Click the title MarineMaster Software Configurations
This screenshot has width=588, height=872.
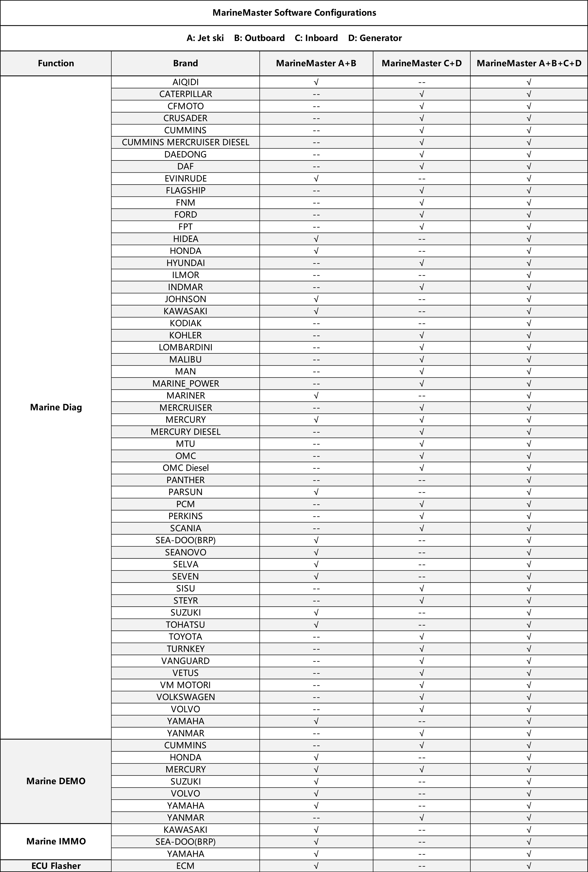click(x=294, y=13)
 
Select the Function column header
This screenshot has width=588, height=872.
click(x=56, y=63)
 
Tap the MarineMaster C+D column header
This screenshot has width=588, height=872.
click(x=422, y=63)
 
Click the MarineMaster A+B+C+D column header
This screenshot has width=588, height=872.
click(x=529, y=63)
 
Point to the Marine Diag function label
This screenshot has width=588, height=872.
click(x=56, y=407)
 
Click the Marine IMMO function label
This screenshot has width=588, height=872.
click(x=56, y=841)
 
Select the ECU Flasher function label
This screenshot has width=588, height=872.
click(x=56, y=866)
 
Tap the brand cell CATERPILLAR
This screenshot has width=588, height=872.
click(x=186, y=94)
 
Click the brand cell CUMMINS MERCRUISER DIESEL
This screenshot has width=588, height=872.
click(x=186, y=142)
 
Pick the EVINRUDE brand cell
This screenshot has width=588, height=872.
click(x=186, y=179)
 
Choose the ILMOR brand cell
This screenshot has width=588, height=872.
click(x=186, y=275)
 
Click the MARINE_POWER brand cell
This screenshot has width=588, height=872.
click(x=186, y=383)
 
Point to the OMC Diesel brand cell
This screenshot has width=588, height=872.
click(x=186, y=468)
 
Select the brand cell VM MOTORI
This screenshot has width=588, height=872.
click(x=186, y=685)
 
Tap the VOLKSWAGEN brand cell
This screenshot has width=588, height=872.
click(x=186, y=697)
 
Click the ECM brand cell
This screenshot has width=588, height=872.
click(x=186, y=866)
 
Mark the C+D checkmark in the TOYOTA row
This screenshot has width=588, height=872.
click(x=422, y=637)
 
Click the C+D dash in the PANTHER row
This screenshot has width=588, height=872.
click(x=422, y=480)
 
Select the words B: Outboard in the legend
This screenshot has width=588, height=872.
click(x=259, y=38)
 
